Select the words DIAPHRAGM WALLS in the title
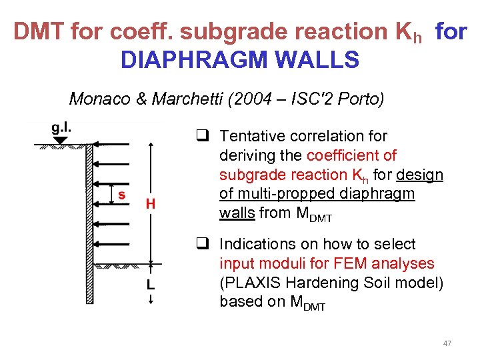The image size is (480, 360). coord(239,60)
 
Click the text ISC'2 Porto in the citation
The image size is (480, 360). coord(339,99)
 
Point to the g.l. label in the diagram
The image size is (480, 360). coord(62,128)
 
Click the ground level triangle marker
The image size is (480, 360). coord(61,140)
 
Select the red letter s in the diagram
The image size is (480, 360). coord(121,194)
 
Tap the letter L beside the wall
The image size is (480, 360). coord(151,285)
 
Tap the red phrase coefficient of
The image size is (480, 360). coord(351,155)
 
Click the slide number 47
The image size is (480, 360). coord(447,343)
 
